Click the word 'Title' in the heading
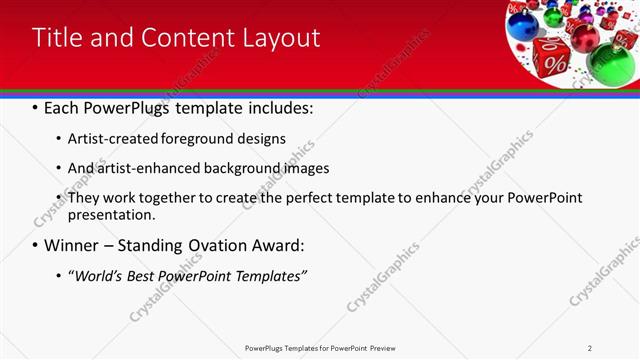pyautogui.click(x=58, y=38)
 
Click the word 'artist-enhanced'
pyautogui.click(x=135, y=168)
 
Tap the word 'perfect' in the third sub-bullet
pyautogui.click(x=292, y=198)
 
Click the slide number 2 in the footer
pyautogui.click(x=590, y=348)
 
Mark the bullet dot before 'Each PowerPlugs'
pyautogui.click(x=36, y=106)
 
